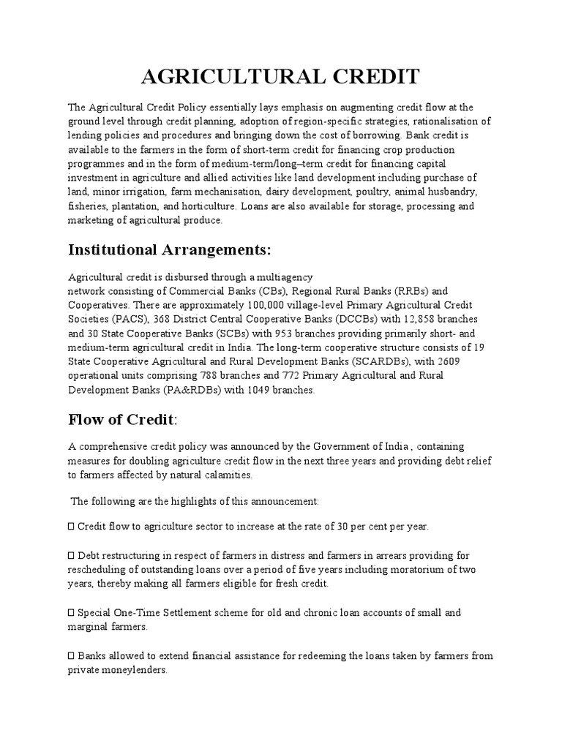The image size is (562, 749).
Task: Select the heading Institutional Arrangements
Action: coord(169,250)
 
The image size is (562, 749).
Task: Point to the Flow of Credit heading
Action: coord(123,419)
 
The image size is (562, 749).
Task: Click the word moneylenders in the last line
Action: coord(138,670)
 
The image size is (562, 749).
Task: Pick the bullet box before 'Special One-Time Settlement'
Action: coord(71,612)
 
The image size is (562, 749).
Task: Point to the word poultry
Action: coord(364,192)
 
